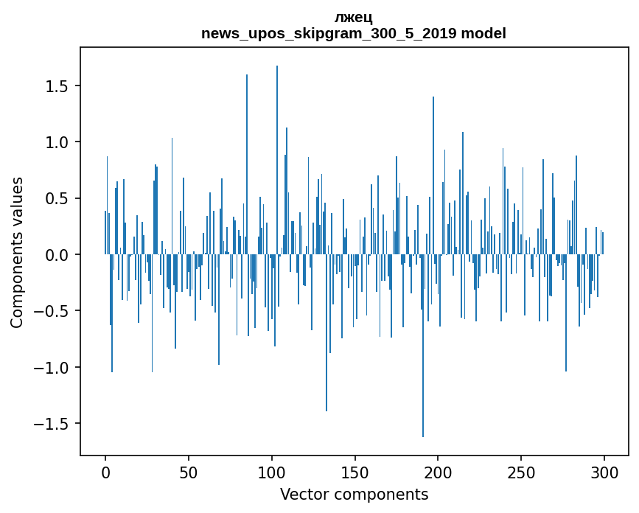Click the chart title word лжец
click(353, 18)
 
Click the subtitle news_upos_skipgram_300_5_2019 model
click(353, 33)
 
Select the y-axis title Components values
click(17, 253)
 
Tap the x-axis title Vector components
click(354, 495)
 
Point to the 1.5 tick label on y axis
click(57, 86)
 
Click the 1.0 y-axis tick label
click(57, 142)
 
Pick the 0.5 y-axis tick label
click(57, 198)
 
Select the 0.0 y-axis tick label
click(57, 255)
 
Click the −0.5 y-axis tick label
click(52, 311)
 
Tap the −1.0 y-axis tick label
click(52, 368)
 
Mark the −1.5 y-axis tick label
click(52, 424)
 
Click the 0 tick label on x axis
click(105, 472)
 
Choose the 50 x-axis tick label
click(188, 472)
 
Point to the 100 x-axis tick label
click(271, 472)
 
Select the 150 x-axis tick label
click(355, 472)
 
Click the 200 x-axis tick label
click(438, 472)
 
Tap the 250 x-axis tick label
click(521, 472)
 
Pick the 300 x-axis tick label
click(604, 472)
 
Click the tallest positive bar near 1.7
click(277, 160)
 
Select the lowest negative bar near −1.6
click(423, 346)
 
